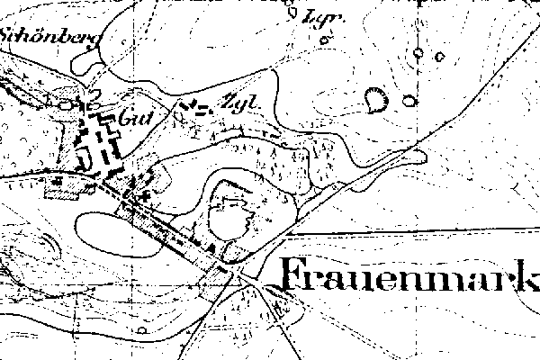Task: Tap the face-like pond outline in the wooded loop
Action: [x=229, y=214]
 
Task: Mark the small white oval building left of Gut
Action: [x=67, y=105]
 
